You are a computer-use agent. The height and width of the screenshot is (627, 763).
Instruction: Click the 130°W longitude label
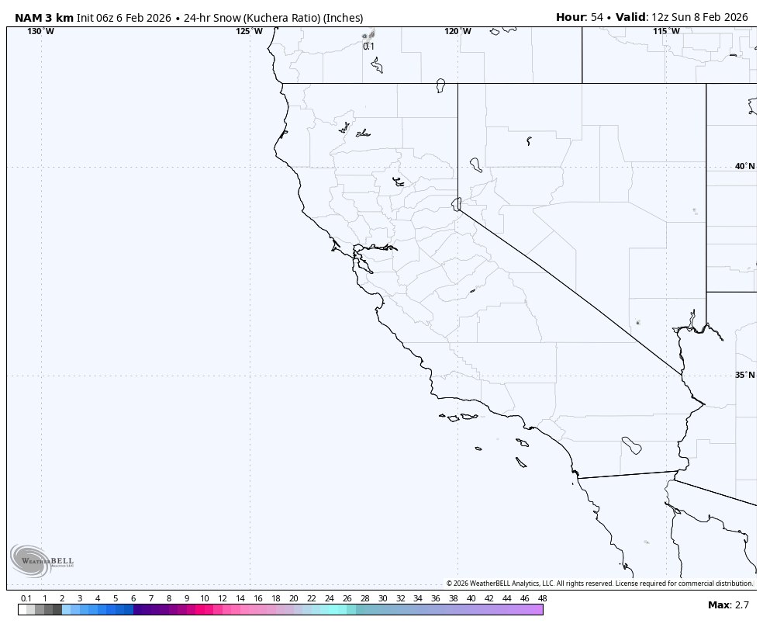(41, 31)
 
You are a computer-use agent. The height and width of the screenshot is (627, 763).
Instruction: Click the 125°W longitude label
(249, 31)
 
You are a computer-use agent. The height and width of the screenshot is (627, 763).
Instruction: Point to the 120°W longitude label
(457, 31)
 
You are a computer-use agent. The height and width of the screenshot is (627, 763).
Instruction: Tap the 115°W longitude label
(666, 31)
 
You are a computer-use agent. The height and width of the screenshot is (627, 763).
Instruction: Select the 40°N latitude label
(744, 166)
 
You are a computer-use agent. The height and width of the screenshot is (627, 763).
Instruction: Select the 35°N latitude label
(744, 375)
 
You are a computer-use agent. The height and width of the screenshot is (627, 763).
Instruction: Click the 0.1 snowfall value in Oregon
(368, 47)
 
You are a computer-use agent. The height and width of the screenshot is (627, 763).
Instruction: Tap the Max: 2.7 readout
(728, 604)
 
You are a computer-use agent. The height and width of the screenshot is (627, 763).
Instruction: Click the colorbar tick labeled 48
(542, 598)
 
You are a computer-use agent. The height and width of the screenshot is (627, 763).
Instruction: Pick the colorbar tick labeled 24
(329, 598)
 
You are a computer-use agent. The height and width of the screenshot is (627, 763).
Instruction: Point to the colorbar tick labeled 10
(204, 598)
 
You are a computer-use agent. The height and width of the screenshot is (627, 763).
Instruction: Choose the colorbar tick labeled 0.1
(26, 598)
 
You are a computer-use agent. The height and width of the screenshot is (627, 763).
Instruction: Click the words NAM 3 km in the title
(43, 17)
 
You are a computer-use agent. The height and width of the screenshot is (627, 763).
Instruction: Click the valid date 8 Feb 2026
(720, 17)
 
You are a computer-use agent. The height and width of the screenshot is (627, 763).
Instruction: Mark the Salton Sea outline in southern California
(631, 445)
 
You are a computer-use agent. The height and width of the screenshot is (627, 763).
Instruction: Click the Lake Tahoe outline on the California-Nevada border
(457, 204)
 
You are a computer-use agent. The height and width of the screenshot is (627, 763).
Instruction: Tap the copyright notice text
(599, 583)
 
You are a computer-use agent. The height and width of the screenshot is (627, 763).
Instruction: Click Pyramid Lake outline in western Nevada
(475, 165)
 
